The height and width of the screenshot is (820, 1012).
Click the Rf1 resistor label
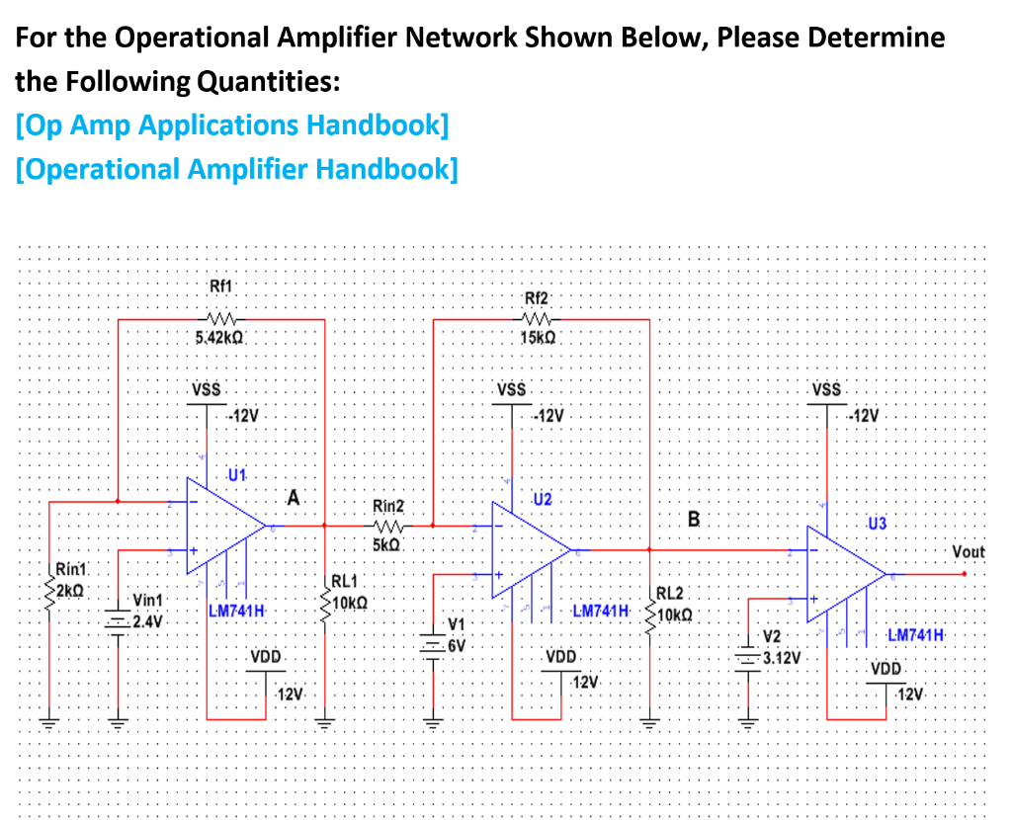[221, 287]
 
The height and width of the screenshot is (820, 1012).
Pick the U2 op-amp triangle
[529, 547]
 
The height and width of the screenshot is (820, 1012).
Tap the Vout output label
[969, 551]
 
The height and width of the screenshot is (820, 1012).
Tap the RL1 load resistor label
[345, 582]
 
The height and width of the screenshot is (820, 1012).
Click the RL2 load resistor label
[669, 593]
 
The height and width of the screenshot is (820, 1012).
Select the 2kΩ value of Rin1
[72, 591]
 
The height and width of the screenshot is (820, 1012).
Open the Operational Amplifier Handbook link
[237, 169]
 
